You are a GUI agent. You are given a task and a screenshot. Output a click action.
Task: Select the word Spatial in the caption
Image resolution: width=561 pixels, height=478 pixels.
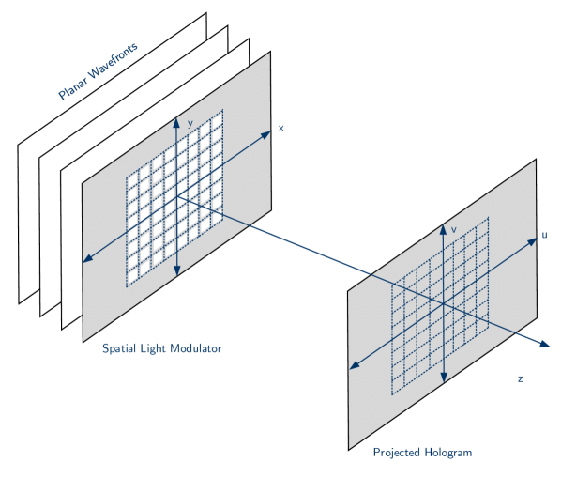click(x=119, y=348)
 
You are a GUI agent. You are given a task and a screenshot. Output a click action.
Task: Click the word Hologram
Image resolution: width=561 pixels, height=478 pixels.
click(x=447, y=453)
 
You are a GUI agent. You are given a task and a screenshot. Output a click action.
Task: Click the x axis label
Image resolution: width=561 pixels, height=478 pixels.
click(x=280, y=128)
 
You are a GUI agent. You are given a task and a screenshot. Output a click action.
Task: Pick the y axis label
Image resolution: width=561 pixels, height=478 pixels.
click(x=190, y=123)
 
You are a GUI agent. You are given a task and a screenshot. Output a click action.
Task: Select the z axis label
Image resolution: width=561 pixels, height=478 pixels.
click(x=519, y=378)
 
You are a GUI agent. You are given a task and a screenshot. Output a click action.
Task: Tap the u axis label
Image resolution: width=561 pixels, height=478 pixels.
click(x=545, y=235)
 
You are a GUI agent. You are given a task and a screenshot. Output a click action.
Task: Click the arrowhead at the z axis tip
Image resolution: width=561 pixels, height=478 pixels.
click(x=545, y=345)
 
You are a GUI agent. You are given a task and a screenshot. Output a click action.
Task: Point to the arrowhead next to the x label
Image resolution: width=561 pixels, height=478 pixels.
click(x=266, y=133)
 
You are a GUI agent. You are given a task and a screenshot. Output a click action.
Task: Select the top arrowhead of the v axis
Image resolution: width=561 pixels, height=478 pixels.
click(x=443, y=225)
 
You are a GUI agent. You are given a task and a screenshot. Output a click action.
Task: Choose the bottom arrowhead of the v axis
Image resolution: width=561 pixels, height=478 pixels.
click(x=443, y=379)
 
